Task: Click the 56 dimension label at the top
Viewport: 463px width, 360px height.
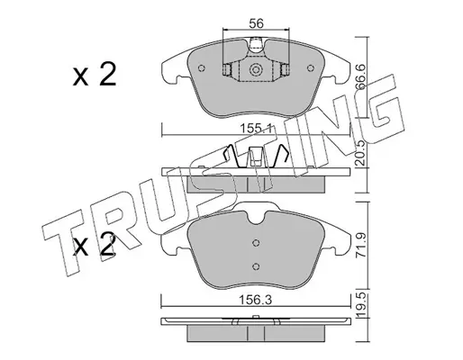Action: [x=256, y=23]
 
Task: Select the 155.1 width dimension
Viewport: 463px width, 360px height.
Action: [x=256, y=130]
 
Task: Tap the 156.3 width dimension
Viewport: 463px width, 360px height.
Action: [x=256, y=300]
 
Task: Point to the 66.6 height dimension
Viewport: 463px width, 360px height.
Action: [x=360, y=77]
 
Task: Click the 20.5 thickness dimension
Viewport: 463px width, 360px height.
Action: [x=359, y=153]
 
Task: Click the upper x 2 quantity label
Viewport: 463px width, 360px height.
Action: [x=95, y=75]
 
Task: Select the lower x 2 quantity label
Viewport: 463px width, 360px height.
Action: [x=95, y=245]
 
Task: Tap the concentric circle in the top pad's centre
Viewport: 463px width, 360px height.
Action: [x=256, y=70]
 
